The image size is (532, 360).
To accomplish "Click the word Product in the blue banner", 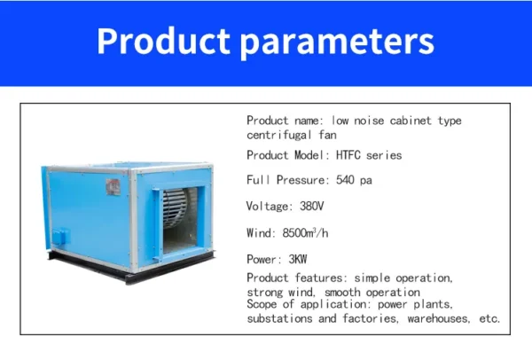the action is [x=163, y=41].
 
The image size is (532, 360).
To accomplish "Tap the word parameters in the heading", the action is [x=337, y=43].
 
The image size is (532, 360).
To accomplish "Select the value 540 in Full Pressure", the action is [x=345, y=180].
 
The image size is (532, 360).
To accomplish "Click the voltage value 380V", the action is [x=312, y=206].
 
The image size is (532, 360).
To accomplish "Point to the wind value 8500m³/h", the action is [x=305, y=233].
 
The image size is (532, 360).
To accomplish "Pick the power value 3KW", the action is [x=298, y=259].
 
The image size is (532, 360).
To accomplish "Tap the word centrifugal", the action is [x=279, y=135].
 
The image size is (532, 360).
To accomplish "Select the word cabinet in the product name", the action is [x=411, y=121].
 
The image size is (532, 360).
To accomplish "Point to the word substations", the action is [x=279, y=318].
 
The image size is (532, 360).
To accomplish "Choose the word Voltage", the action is [x=270, y=207].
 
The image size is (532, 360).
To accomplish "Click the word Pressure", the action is [x=302, y=180].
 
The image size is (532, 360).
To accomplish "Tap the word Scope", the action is [x=262, y=304].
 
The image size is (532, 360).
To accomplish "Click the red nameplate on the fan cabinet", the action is [x=113, y=187].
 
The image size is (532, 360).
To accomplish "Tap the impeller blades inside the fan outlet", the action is [x=175, y=207].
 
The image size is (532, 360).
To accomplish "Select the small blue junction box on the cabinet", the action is [x=60, y=236].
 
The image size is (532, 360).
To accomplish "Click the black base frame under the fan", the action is [x=130, y=268].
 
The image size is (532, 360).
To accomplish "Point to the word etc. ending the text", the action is [x=489, y=318].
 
